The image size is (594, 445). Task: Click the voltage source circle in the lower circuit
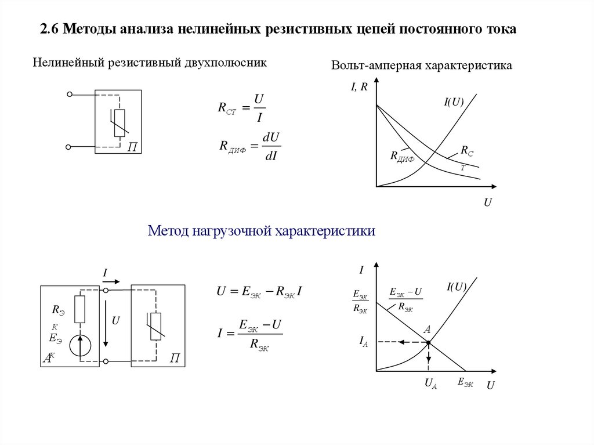80,345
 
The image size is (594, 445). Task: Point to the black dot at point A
429,343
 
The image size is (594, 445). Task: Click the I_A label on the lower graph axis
364,343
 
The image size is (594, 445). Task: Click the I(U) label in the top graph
454,102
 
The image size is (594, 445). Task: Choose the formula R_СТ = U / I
242,107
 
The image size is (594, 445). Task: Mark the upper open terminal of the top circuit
69,94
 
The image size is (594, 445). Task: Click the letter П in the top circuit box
132,147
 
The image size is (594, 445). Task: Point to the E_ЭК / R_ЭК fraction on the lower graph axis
360,302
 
